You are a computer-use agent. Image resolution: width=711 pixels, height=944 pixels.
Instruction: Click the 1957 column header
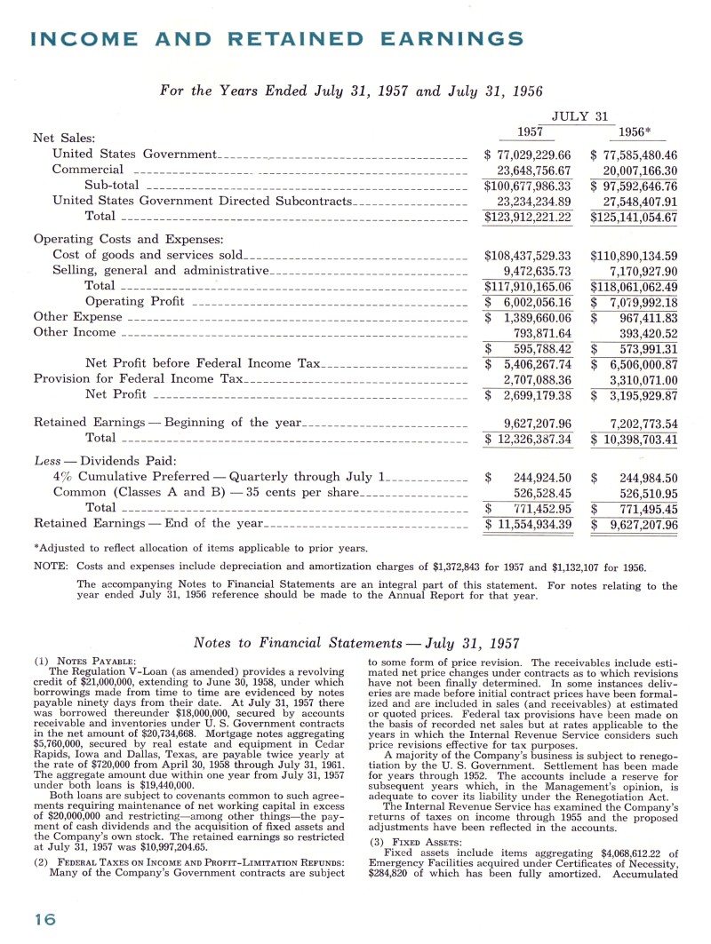(531, 131)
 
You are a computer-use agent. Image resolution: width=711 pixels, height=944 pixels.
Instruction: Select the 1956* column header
(635, 131)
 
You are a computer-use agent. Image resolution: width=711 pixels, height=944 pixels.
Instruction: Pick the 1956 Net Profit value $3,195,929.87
(634, 394)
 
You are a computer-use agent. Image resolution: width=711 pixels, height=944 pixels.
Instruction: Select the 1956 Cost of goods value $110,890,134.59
(634, 255)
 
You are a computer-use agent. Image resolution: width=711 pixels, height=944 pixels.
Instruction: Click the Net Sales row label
(64, 138)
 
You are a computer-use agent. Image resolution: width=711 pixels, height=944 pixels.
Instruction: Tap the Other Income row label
(75, 332)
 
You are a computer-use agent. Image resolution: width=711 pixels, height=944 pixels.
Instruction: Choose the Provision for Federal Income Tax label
(138, 378)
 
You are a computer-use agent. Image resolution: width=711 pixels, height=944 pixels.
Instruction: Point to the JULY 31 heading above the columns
(580, 115)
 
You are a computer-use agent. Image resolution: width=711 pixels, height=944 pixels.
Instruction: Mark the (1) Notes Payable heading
(84, 661)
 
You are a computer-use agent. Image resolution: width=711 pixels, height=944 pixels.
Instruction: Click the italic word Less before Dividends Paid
(47, 460)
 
